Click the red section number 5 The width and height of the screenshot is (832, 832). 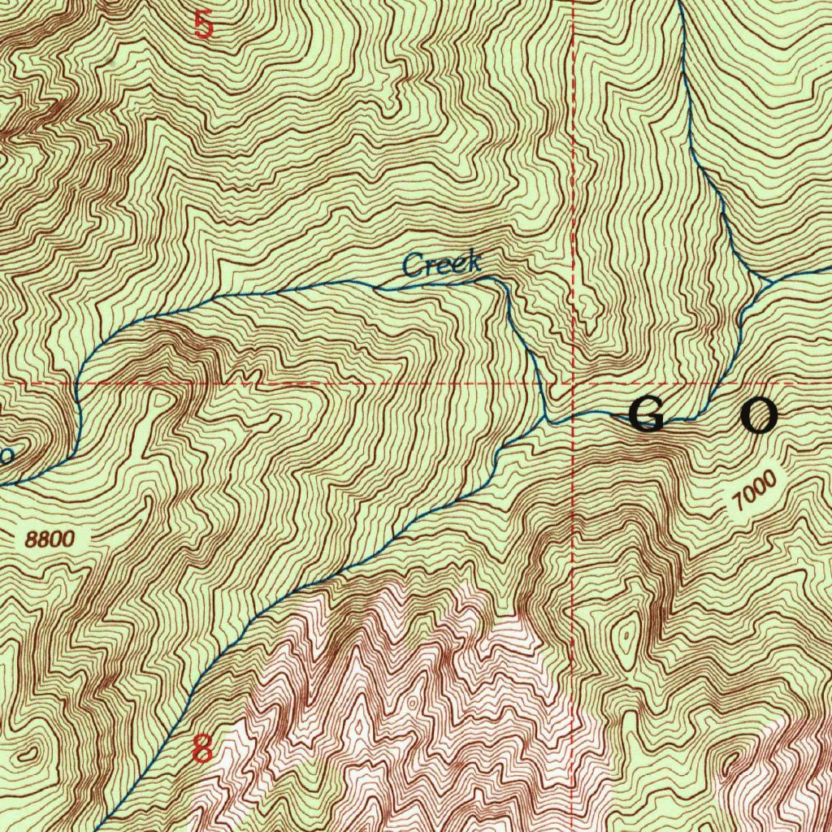tap(204, 24)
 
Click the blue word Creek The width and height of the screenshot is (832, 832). tap(442, 264)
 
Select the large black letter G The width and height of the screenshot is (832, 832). tap(647, 417)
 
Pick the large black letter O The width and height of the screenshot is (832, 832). tap(759, 417)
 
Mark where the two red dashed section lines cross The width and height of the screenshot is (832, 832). tap(573, 382)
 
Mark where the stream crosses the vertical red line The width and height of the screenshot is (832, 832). tap(573, 415)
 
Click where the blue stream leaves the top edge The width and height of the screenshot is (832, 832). tap(678, 2)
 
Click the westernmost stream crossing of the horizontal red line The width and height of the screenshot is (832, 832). tap(77, 382)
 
